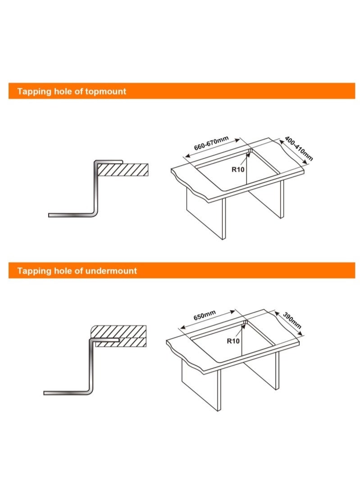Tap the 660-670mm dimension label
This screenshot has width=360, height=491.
211,143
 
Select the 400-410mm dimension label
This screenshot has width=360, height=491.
299,148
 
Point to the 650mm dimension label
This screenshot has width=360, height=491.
205,315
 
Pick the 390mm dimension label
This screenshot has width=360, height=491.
292,320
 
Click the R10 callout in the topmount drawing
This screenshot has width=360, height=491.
237,170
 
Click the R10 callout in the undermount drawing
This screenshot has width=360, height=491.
233,341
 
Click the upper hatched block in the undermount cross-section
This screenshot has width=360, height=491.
119,331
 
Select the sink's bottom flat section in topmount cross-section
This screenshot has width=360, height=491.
70,215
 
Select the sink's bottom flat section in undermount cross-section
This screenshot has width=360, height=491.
66,393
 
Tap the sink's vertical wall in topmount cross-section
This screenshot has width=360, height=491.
96,188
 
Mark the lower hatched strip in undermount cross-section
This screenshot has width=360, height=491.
121,342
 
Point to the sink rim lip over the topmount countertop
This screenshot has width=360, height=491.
109,161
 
